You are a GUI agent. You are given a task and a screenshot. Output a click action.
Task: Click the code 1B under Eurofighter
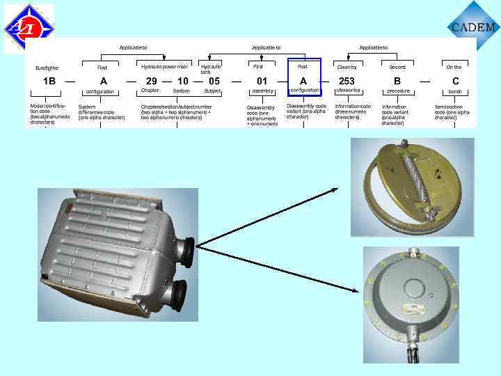click(49, 81)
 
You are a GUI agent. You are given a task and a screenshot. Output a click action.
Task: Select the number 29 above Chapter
click(151, 81)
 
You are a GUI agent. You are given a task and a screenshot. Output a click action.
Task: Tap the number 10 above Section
click(183, 81)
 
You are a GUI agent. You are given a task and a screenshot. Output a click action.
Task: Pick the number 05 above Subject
click(214, 81)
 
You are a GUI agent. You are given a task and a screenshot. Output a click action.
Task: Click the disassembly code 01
click(262, 81)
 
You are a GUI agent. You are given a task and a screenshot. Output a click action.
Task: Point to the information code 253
click(347, 81)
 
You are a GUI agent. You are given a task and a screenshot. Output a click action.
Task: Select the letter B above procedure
click(397, 81)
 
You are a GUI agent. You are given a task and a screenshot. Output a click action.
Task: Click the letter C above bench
click(455, 81)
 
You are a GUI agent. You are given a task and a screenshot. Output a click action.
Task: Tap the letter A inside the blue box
click(303, 81)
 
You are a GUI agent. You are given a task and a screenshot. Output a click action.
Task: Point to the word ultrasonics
click(347, 91)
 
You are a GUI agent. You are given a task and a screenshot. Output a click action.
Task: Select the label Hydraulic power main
click(164, 67)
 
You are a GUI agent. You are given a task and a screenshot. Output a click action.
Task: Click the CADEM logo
click(474, 26)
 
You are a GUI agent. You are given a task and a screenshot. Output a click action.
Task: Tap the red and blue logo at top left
click(29, 29)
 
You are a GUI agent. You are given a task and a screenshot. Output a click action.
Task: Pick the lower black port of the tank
click(174, 291)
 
